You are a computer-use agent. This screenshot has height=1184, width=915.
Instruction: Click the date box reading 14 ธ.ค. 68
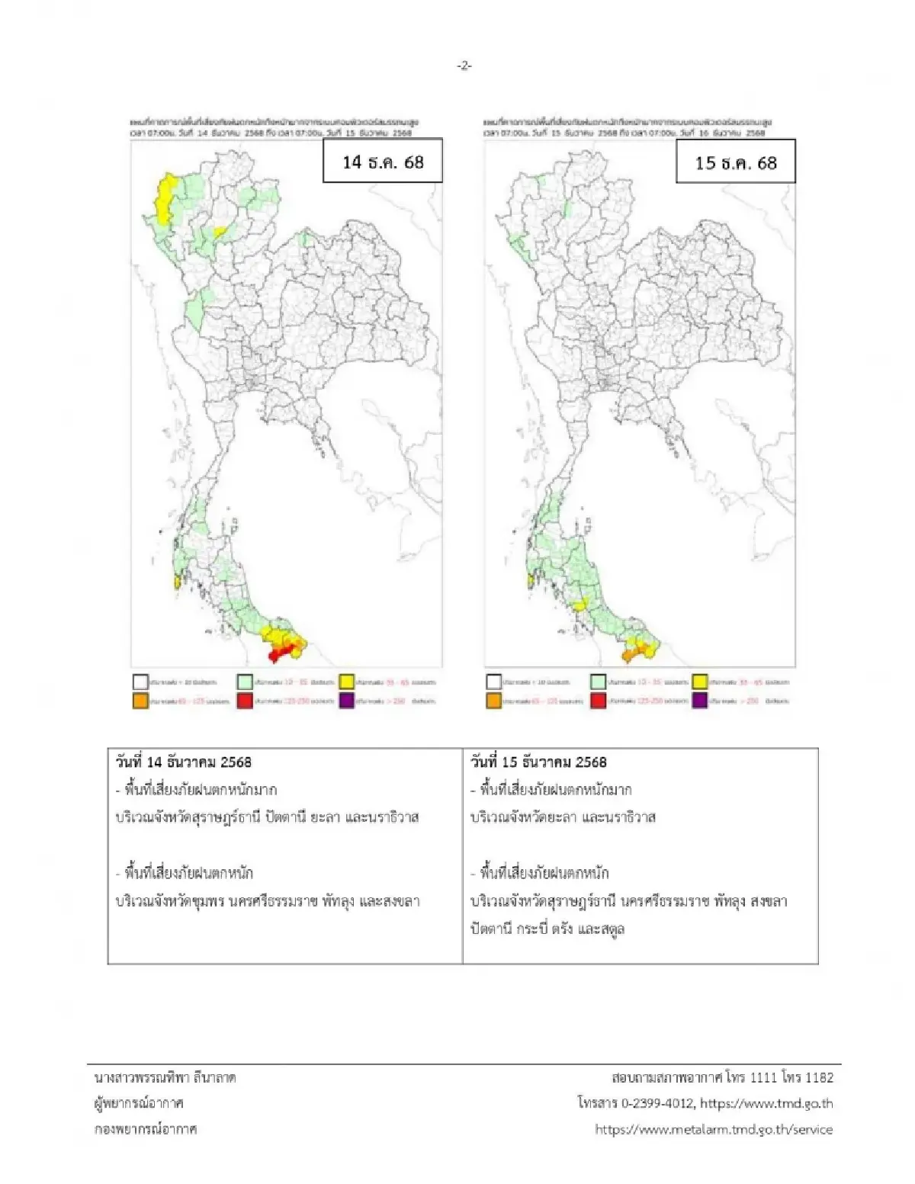[383, 161]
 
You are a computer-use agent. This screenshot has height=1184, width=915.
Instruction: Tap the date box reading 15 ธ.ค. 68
[736, 162]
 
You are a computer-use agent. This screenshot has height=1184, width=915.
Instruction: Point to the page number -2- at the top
[464, 66]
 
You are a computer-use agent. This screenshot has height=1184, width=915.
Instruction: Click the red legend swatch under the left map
[244, 701]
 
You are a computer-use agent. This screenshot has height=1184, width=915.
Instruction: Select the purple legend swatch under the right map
[700, 701]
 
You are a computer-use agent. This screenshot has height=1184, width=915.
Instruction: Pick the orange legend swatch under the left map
[140, 701]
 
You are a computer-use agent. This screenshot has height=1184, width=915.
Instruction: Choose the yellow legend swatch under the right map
[700, 682]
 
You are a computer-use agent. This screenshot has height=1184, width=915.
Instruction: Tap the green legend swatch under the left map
[244, 682]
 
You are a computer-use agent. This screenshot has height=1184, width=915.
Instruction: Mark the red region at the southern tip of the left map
[281, 653]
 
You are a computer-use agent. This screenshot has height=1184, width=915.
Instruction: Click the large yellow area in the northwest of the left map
[163, 200]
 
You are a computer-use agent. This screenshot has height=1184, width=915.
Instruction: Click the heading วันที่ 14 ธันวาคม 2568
[183, 762]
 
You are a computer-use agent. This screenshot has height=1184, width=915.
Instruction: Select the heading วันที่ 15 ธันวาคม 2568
[538, 762]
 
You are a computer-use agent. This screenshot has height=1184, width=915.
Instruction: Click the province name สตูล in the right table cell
[610, 929]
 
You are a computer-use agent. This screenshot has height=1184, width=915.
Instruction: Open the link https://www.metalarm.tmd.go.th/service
[714, 1129]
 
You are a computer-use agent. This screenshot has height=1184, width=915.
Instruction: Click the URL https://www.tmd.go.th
[766, 1103]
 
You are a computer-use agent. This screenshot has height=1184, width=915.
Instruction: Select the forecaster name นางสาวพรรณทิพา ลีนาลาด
[165, 1077]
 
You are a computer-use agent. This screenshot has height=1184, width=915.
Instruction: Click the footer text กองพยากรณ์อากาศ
[146, 1129]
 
